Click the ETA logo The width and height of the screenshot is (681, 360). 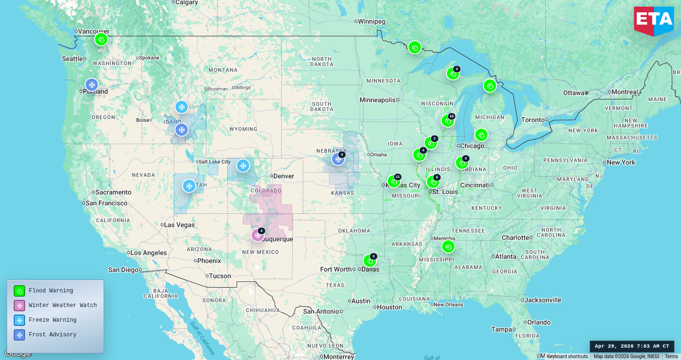click(654, 21)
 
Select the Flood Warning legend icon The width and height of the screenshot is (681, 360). click(19, 291)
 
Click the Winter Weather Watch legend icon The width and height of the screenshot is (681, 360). click(19, 306)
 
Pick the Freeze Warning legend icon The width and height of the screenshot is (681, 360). click(19, 320)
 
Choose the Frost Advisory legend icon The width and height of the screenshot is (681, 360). click(19, 335)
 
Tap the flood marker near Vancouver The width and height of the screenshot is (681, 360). click(101, 39)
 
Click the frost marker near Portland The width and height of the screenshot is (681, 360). click(92, 85)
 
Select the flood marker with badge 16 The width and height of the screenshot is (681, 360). click(447, 121)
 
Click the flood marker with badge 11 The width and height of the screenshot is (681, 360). click(393, 181)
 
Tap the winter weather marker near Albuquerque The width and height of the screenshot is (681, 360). click(258, 235)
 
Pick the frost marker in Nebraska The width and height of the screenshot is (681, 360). click(338, 159)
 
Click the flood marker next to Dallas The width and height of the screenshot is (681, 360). click(369, 261)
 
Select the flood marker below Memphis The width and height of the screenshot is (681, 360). click(448, 246)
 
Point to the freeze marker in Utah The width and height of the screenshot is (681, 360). click(189, 186)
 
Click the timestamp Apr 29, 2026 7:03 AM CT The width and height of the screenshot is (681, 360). click(632, 346)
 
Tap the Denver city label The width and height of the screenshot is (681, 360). click(284, 176)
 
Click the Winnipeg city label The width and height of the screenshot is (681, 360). click(372, 21)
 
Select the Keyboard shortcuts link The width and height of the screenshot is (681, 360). click(567, 356)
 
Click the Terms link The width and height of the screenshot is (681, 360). click(671, 356)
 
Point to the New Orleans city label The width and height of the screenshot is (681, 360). click(448, 305)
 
